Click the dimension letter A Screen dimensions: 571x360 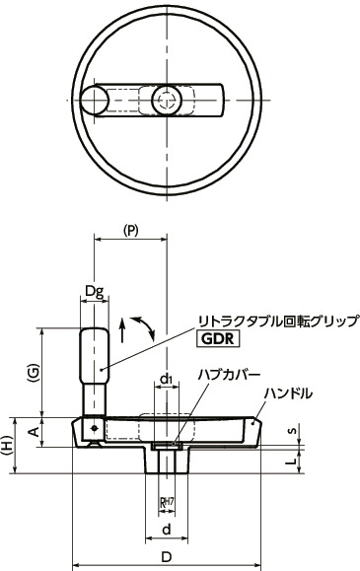coord(34,432)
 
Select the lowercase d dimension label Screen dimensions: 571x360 coord(167,530)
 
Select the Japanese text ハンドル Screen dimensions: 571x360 coord(288,393)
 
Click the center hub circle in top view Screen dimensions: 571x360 coord(167,100)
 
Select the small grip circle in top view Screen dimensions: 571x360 coord(95,100)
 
